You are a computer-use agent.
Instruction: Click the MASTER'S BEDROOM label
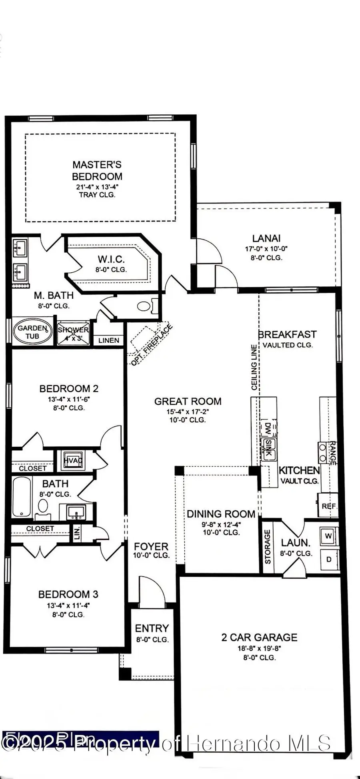97,170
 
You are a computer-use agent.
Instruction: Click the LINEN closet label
109,340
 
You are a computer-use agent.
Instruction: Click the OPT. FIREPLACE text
152,345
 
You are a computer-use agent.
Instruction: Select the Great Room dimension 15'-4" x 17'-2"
188,411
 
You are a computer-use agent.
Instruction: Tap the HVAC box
72,460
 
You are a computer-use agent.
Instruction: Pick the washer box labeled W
328,536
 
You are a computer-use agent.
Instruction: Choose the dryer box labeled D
329,559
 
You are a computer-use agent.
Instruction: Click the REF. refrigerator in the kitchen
329,506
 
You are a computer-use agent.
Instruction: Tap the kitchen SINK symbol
268,448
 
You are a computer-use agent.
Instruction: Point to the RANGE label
332,453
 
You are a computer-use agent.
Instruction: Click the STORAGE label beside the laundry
268,547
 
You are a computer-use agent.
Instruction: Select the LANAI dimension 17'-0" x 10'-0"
266,249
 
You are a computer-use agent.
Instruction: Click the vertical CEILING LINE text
254,367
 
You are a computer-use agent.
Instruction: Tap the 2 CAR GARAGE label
259,637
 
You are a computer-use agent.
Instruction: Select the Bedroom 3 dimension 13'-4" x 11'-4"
68,605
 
